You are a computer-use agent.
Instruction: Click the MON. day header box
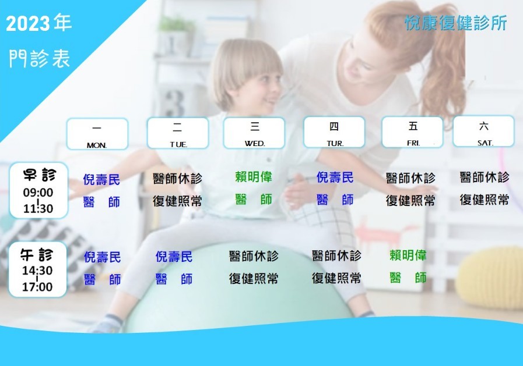[97, 134]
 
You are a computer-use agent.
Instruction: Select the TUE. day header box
[178, 133]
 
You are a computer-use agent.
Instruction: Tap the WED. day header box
[254, 133]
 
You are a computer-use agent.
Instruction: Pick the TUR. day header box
[334, 132]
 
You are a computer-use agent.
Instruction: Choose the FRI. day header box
[413, 132]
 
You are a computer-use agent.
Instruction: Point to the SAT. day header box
[483, 131]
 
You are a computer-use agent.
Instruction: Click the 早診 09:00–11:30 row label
[38, 190]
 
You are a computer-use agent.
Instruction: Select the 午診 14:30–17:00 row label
[37, 269]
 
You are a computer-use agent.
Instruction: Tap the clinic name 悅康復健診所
[455, 23]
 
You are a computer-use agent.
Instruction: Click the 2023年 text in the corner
[38, 23]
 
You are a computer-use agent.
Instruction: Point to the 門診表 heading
[40, 58]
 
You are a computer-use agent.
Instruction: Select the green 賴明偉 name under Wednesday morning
[254, 177]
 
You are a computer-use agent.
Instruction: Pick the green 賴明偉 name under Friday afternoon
[408, 255]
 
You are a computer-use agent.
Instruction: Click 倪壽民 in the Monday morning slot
[101, 180]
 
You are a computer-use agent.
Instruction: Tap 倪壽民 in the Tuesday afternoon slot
[174, 257]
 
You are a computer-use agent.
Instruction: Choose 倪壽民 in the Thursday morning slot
[335, 177]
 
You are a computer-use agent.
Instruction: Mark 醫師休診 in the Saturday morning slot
[485, 177]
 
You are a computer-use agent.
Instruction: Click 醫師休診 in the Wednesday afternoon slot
[254, 256]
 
